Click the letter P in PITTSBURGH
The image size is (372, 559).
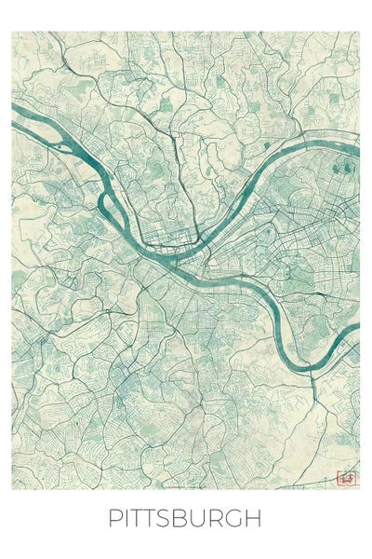115,519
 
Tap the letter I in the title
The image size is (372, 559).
128,519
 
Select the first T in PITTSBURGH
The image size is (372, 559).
142,519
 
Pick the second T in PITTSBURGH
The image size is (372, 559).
160,519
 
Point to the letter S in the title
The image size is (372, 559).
177,519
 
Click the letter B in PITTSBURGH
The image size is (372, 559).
193,519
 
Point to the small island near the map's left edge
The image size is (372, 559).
61,147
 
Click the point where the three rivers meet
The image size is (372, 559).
167,257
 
